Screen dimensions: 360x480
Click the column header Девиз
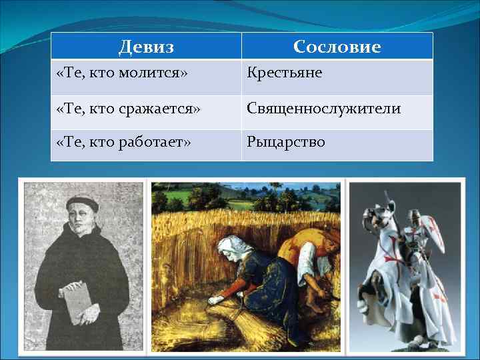(146, 47)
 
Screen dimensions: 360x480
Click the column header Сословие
(337, 47)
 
